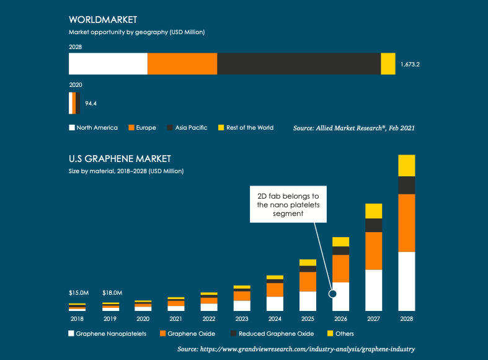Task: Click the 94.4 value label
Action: coord(91,104)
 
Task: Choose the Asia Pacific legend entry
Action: coord(187,128)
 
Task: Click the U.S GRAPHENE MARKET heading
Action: coord(120,159)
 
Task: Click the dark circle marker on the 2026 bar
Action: coord(332,294)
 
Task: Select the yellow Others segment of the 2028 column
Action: coord(406,166)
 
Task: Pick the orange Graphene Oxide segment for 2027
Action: coord(373,251)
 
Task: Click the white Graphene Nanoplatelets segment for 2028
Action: coord(406,281)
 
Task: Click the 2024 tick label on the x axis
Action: coord(275,318)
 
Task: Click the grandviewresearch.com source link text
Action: coord(296,349)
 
